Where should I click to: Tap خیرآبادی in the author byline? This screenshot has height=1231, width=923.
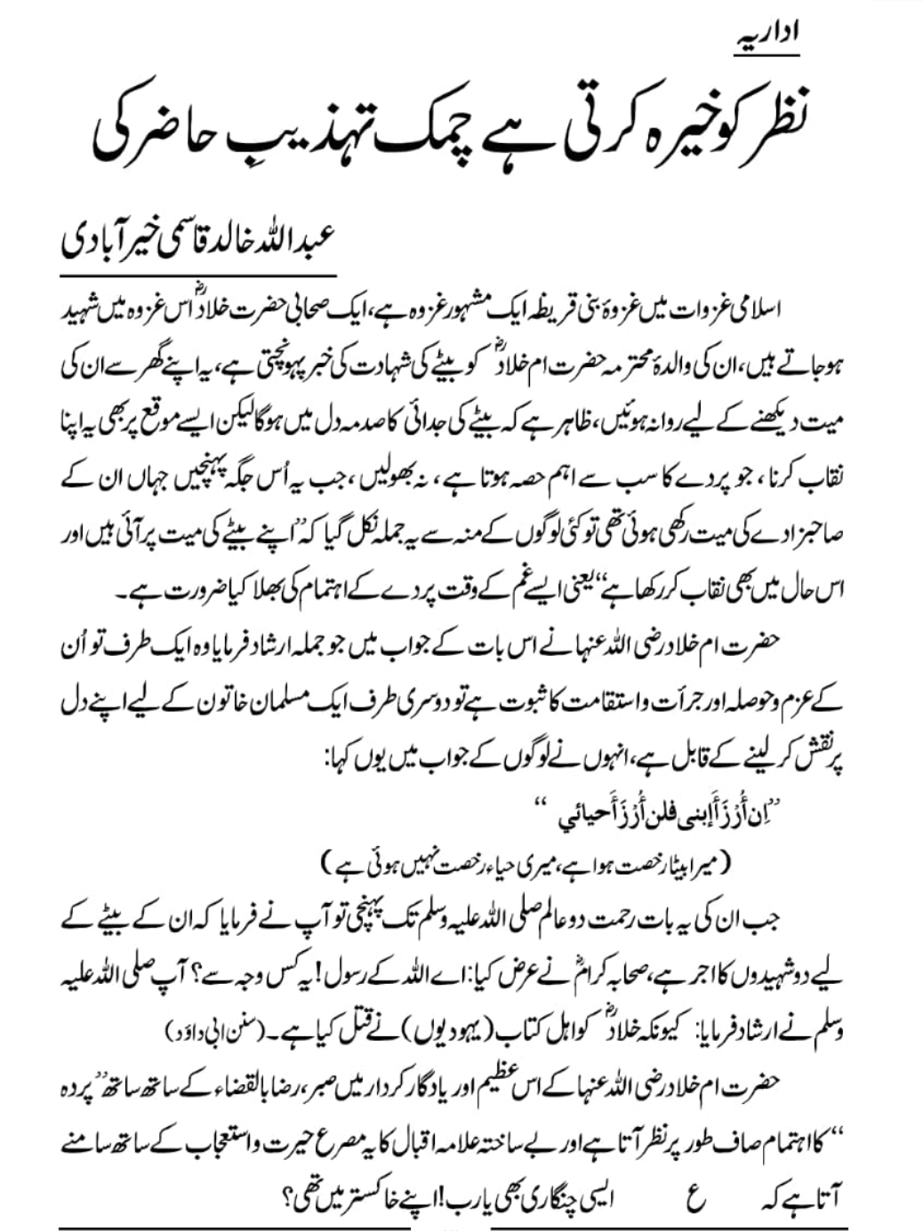111,243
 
